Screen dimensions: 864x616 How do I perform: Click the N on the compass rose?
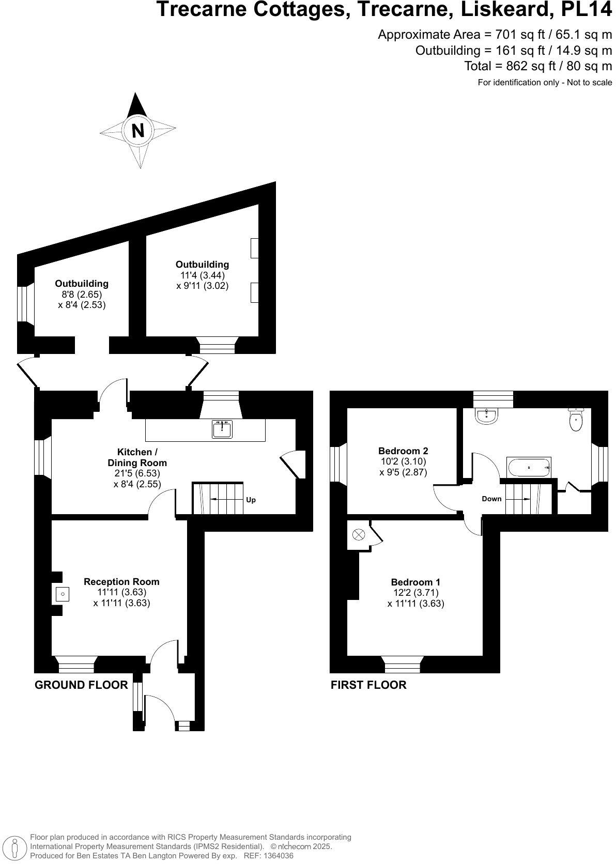click(x=138, y=130)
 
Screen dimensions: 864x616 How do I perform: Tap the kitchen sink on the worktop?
click(x=222, y=429)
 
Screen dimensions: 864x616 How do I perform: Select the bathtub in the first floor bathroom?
click(x=529, y=467)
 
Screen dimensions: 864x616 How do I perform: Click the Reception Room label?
click(x=121, y=581)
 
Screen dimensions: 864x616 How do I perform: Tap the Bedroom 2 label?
click(x=403, y=451)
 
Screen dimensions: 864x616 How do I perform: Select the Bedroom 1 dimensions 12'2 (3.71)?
click(x=416, y=593)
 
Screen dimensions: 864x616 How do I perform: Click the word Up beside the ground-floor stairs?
click(x=251, y=500)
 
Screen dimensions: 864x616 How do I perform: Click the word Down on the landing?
click(x=491, y=499)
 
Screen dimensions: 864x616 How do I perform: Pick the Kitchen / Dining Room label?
click(x=137, y=457)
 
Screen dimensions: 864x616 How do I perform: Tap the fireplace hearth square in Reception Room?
click(x=63, y=594)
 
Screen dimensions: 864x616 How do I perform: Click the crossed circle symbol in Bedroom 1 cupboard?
click(x=358, y=534)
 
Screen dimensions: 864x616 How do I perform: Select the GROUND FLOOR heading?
click(x=81, y=685)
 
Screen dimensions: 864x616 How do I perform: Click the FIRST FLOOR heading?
click(x=368, y=685)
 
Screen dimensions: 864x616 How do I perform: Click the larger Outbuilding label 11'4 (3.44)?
click(x=202, y=275)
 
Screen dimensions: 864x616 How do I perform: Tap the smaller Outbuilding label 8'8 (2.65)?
click(x=82, y=294)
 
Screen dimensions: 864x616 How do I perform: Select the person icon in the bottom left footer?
click(x=15, y=847)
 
